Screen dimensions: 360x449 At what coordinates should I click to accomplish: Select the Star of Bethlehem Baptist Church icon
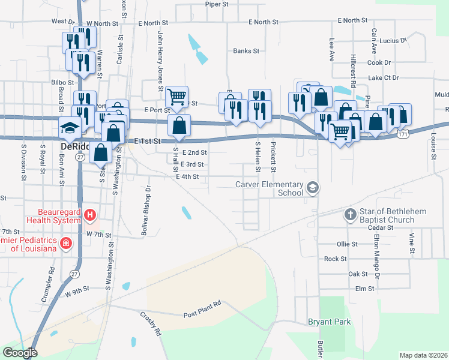click(x=351, y=214)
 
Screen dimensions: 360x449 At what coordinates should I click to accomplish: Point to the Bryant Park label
click(x=329, y=322)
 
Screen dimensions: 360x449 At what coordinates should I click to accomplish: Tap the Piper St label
click(x=217, y=4)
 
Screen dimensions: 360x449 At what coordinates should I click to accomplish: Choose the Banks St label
click(x=246, y=52)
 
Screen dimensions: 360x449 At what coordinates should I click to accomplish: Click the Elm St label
click(x=364, y=289)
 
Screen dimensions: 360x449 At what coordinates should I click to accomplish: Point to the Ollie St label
click(x=347, y=244)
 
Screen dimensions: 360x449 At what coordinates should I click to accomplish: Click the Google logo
click(x=20, y=352)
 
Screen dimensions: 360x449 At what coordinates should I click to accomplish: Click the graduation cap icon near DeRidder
click(x=70, y=127)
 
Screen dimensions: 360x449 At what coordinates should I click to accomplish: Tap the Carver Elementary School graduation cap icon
click(x=312, y=188)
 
